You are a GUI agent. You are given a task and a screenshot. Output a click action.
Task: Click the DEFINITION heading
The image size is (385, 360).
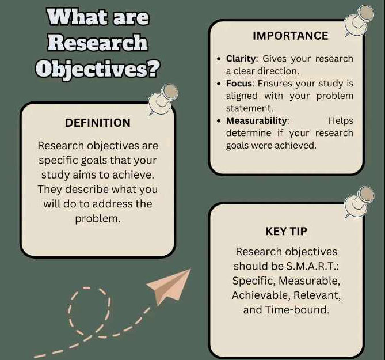pos(98,123)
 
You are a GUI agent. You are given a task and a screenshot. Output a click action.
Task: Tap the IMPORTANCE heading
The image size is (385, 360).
pos(291,36)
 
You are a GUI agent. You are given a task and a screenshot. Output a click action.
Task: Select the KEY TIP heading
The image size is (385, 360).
pos(286,231)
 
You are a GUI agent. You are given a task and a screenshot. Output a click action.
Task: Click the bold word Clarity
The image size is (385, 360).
pos(241,59)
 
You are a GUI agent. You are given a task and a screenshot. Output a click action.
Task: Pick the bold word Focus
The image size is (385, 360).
pos(239,84)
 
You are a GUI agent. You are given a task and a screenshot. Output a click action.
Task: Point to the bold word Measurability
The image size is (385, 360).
pos(256,121)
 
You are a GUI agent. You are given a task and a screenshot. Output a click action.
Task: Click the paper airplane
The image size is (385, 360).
pos(169,286)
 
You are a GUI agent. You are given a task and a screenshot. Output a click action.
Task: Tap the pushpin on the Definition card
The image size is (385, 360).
pos(163,99)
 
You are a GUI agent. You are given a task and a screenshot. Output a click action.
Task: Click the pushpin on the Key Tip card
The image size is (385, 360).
pos(359,202)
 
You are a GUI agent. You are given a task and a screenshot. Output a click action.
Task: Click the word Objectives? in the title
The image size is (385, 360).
pos(98,69)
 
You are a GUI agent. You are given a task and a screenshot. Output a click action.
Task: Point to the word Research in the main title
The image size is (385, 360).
pos(98,42)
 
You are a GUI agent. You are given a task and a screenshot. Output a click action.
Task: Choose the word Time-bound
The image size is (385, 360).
pos(297,310)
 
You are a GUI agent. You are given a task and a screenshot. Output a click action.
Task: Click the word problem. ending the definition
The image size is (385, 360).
pos(98,219)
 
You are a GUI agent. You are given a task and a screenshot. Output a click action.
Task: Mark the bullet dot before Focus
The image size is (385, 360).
pos(219,84)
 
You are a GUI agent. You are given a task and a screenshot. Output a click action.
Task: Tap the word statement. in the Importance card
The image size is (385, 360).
pos(250,108)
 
